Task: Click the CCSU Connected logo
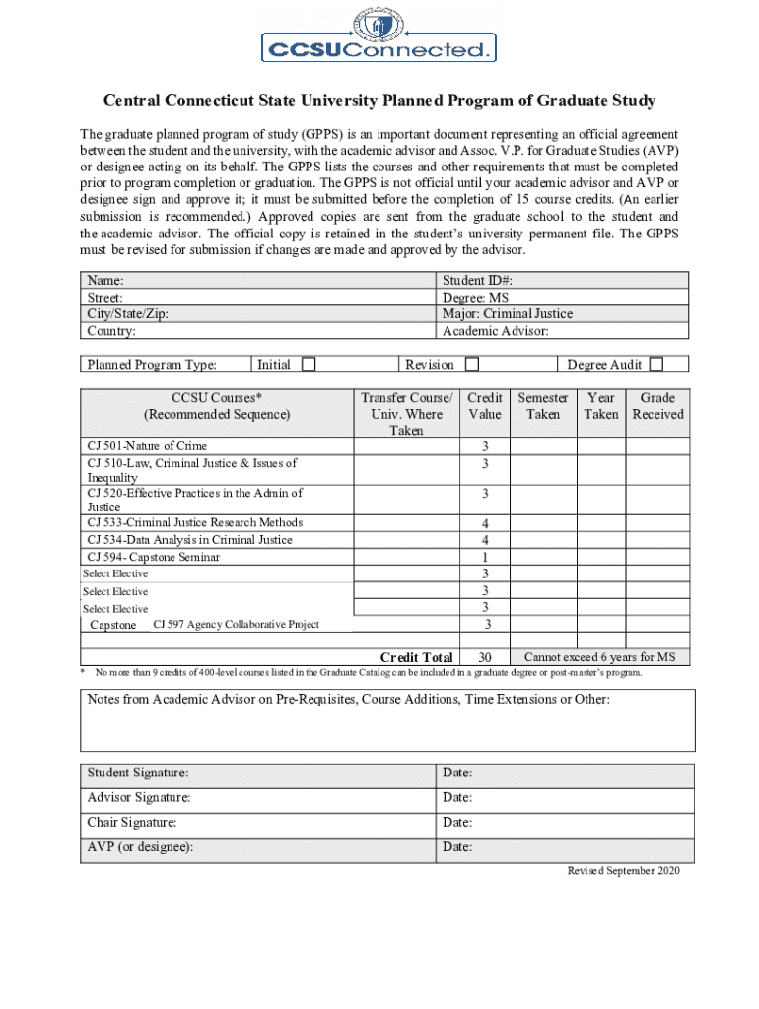click(378, 36)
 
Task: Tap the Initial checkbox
click(309, 365)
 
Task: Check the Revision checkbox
click(472, 365)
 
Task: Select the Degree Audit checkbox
click(655, 365)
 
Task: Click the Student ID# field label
click(477, 280)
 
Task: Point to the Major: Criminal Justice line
click(508, 313)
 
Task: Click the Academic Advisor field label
click(496, 330)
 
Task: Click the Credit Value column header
click(485, 406)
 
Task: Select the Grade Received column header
click(657, 406)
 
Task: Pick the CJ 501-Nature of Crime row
click(147, 446)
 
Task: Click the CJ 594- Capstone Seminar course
click(154, 557)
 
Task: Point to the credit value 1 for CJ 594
click(485, 558)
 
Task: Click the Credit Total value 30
click(485, 657)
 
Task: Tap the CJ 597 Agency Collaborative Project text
click(237, 625)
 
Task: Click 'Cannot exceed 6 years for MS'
click(606, 657)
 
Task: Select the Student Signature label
click(138, 773)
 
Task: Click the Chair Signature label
click(132, 822)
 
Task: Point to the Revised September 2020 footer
click(623, 871)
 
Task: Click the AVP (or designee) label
click(140, 846)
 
